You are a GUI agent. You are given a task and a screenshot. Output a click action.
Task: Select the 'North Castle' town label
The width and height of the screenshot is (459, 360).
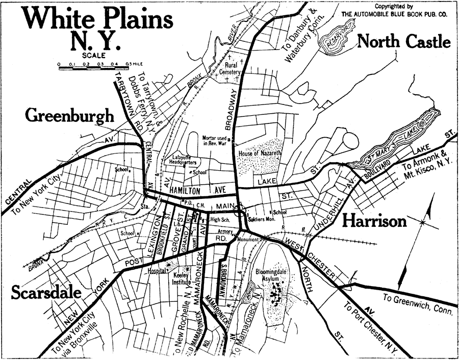point(404,41)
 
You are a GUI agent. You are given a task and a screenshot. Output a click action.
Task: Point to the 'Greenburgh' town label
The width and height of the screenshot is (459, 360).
point(70,116)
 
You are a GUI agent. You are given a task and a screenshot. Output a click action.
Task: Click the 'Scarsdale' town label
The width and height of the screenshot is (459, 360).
point(45,293)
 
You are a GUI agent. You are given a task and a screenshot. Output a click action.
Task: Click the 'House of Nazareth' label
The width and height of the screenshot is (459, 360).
point(260,153)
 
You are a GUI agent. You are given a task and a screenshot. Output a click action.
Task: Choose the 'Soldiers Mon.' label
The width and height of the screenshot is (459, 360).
point(264,219)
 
